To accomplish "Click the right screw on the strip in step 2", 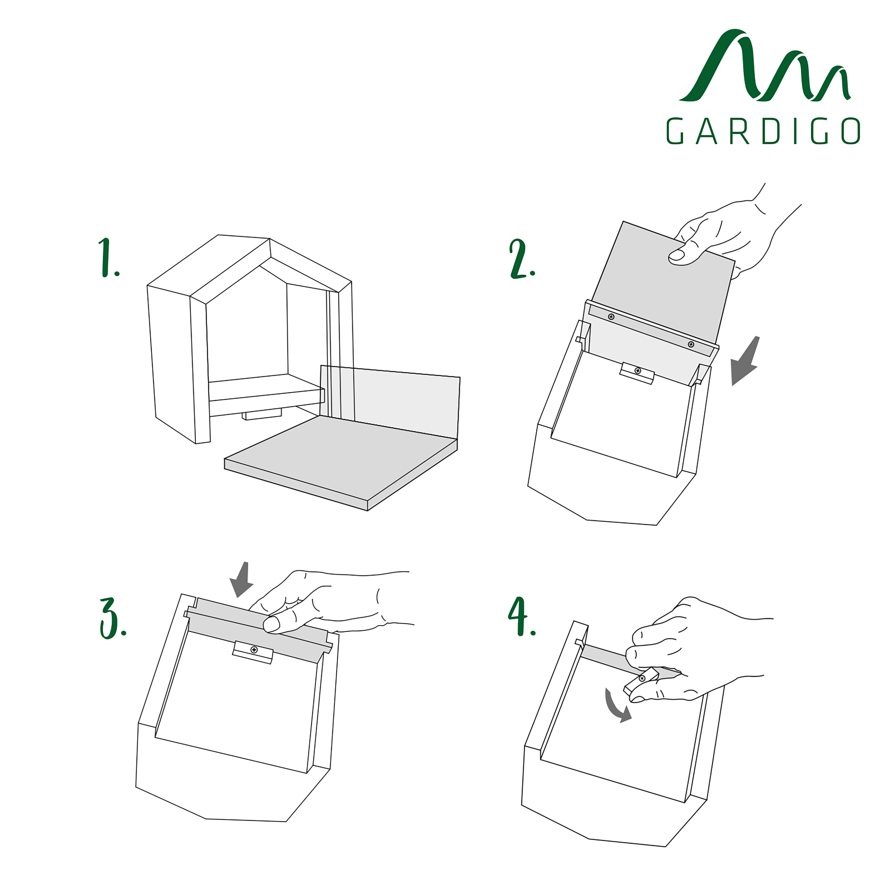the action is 691,345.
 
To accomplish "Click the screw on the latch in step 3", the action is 254,649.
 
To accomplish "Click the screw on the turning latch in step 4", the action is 642,678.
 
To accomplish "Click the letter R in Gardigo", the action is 739,131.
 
